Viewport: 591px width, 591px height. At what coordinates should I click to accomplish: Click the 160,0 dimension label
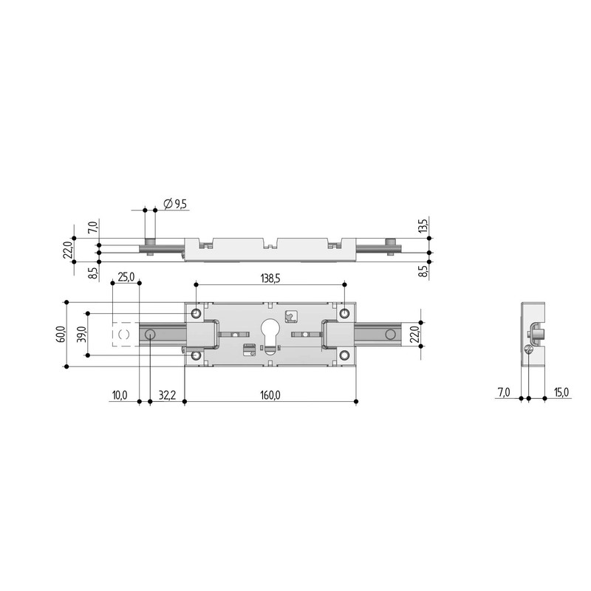270,395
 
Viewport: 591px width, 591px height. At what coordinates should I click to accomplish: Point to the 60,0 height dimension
60,334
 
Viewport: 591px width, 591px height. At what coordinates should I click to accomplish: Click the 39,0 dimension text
82,334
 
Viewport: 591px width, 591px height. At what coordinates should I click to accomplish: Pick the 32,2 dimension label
166,395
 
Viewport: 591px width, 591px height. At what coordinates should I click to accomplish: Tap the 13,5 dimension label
424,225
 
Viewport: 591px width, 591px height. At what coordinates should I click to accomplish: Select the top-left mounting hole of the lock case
196,313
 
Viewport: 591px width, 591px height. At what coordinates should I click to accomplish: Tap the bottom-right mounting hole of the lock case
344,356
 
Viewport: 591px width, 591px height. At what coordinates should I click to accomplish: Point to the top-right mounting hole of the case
344,313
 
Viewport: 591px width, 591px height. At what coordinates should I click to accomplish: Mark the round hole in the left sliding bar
150,335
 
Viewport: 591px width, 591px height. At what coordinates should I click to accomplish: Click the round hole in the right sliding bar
387,334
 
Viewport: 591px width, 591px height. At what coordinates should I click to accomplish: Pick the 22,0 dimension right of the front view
415,334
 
